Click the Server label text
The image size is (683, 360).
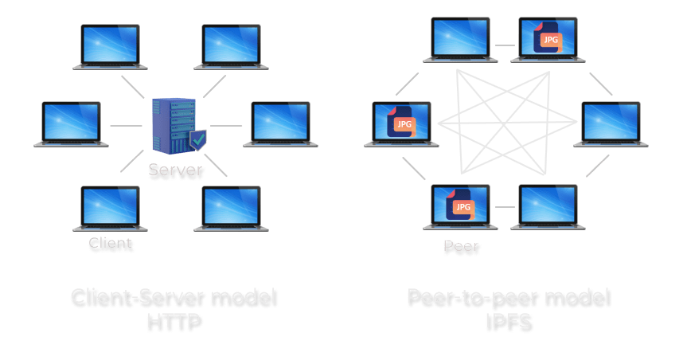pyautogui.click(x=176, y=170)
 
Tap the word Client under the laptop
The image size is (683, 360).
pyautogui.click(x=111, y=243)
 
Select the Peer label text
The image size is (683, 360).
pyautogui.click(x=461, y=246)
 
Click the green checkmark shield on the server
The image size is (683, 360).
pyautogui.click(x=197, y=141)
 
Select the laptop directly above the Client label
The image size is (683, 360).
pyautogui.click(x=111, y=207)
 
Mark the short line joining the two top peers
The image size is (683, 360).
pyautogui.click(x=505, y=45)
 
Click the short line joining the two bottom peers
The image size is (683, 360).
pyautogui.click(x=505, y=206)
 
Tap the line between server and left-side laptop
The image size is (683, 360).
pyautogui.click(x=125, y=126)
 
